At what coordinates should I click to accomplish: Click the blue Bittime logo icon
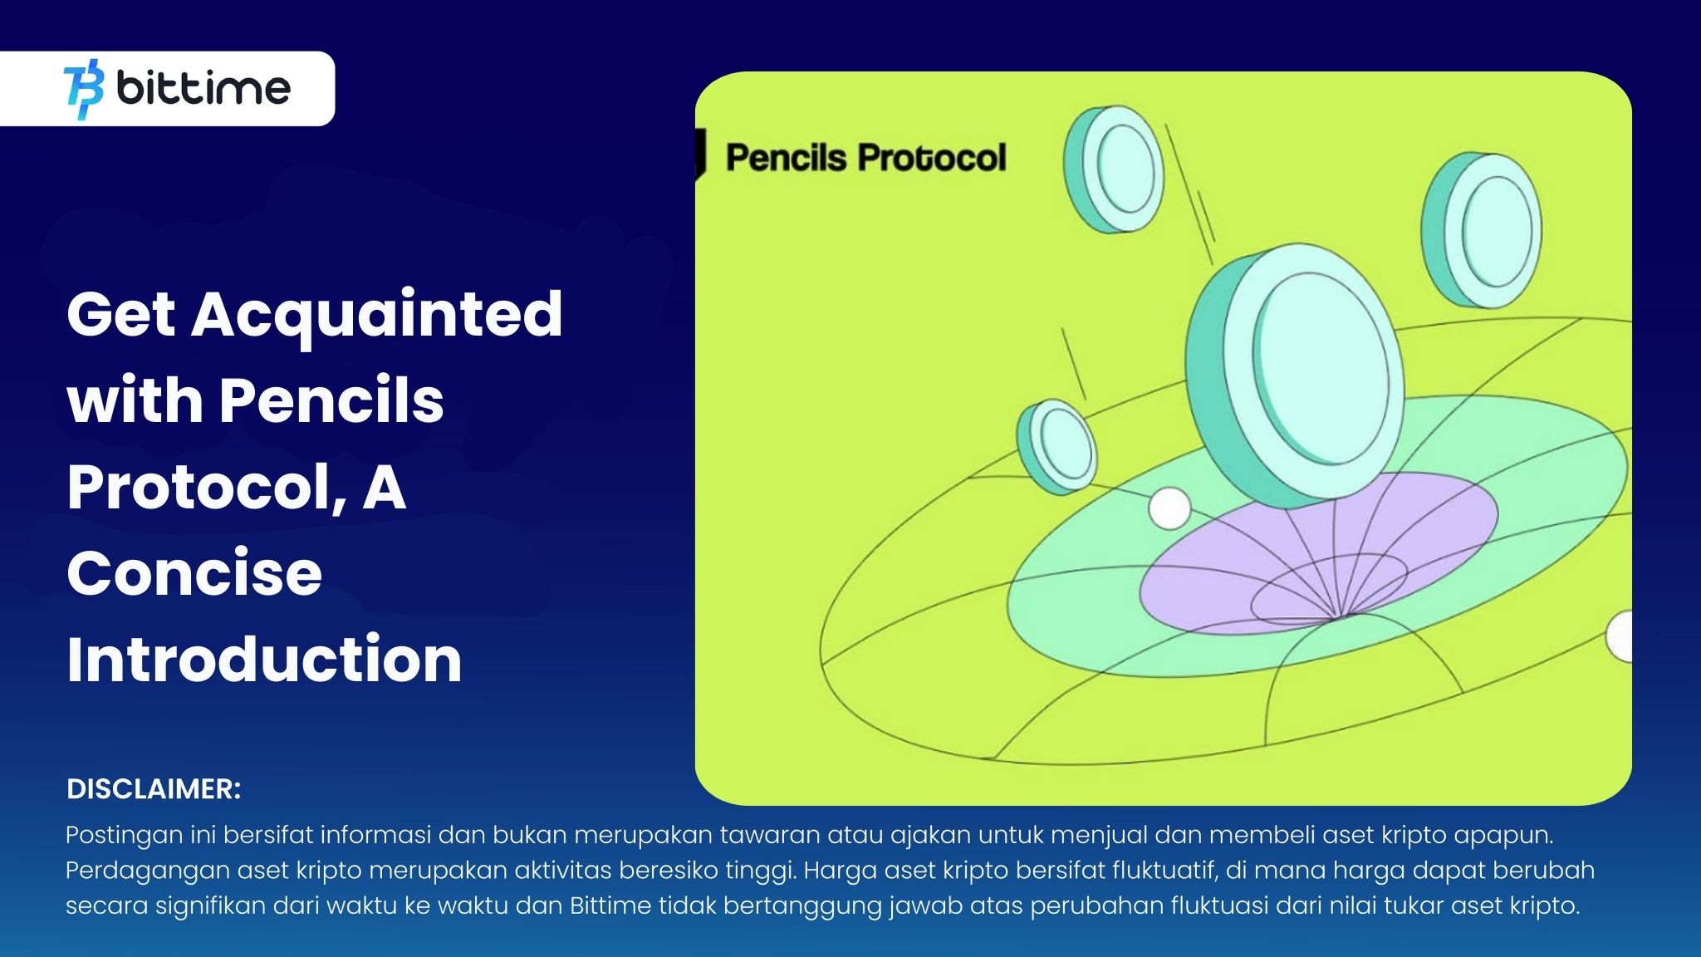coord(84,89)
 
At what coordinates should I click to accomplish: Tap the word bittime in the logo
coord(203,88)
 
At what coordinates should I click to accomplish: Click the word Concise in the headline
coord(194,574)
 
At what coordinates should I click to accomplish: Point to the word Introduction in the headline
coord(264,660)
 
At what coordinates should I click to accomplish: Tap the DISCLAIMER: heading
coord(154,789)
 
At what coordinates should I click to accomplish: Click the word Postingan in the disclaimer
coord(124,835)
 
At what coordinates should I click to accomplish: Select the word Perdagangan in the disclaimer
coord(148,871)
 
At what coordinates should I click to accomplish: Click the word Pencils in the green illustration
coord(786,158)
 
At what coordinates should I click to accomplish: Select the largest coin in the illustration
coord(1296,374)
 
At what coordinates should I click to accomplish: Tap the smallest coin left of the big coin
coord(1057,446)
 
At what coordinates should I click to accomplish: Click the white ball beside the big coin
coord(1169,508)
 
